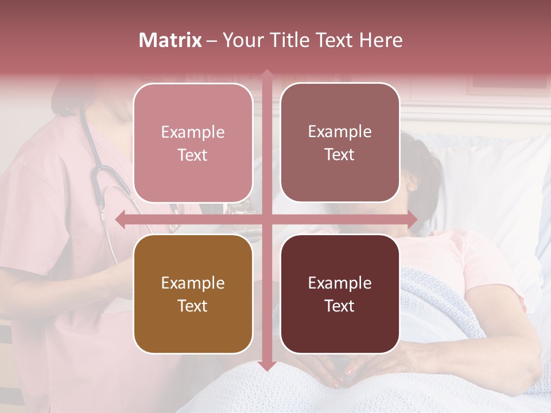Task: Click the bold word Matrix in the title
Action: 170,40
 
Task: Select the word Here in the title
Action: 381,40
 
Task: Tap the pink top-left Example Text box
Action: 193,143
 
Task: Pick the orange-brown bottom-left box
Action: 193,294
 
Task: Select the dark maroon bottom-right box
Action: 340,294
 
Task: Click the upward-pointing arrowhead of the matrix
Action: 266,74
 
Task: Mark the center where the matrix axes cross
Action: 266,219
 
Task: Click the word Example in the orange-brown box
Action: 193,283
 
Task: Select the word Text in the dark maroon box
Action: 340,306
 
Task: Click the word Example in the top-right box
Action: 340,131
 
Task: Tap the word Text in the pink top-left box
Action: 193,155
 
